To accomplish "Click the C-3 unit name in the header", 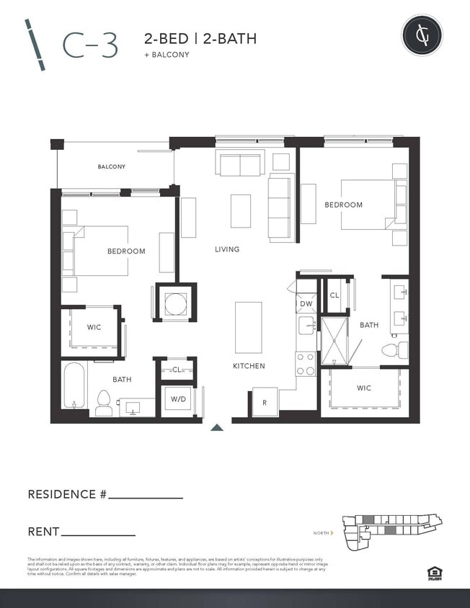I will click(90, 45).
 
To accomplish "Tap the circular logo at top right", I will click(422, 35).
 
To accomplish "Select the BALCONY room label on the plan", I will click(112, 166).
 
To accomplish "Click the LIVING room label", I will click(227, 249).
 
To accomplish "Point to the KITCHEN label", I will click(249, 366).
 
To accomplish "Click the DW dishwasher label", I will click(306, 305).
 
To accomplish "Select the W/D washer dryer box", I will click(177, 398).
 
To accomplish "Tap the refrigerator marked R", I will click(265, 403).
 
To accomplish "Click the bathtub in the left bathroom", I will click(74, 385).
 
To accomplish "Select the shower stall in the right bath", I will click(334, 341).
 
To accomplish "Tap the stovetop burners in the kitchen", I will click(306, 364).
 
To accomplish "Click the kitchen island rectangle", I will click(248, 327).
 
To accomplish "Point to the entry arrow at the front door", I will click(217, 427).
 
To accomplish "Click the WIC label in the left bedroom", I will click(94, 327).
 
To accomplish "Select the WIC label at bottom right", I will click(364, 388).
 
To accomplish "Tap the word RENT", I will click(43, 532).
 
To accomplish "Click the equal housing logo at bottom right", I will click(434, 573).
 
